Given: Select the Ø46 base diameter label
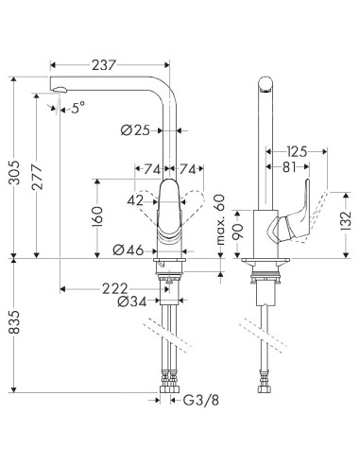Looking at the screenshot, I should pyautogui.click(x=129, y=250).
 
